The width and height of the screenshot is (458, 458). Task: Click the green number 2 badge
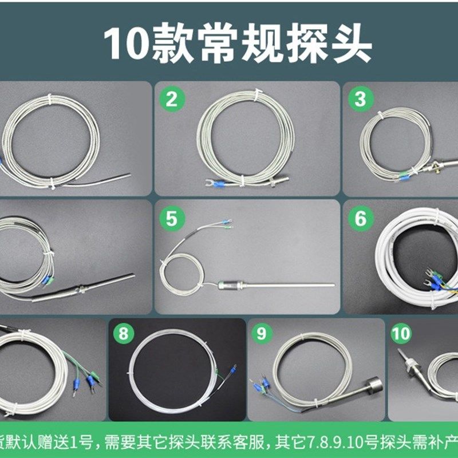(x=171, y=99)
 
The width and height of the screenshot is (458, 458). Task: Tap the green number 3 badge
(x=360, y=99)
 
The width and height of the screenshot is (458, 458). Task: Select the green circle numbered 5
(x=171, y=218)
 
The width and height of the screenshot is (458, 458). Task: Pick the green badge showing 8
(x=124, y=333)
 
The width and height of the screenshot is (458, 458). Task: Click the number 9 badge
(x=261, y=333)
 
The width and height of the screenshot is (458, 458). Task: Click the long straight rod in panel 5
(x=286, y=285)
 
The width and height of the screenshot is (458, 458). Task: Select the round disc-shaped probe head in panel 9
(x=373, y=384)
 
